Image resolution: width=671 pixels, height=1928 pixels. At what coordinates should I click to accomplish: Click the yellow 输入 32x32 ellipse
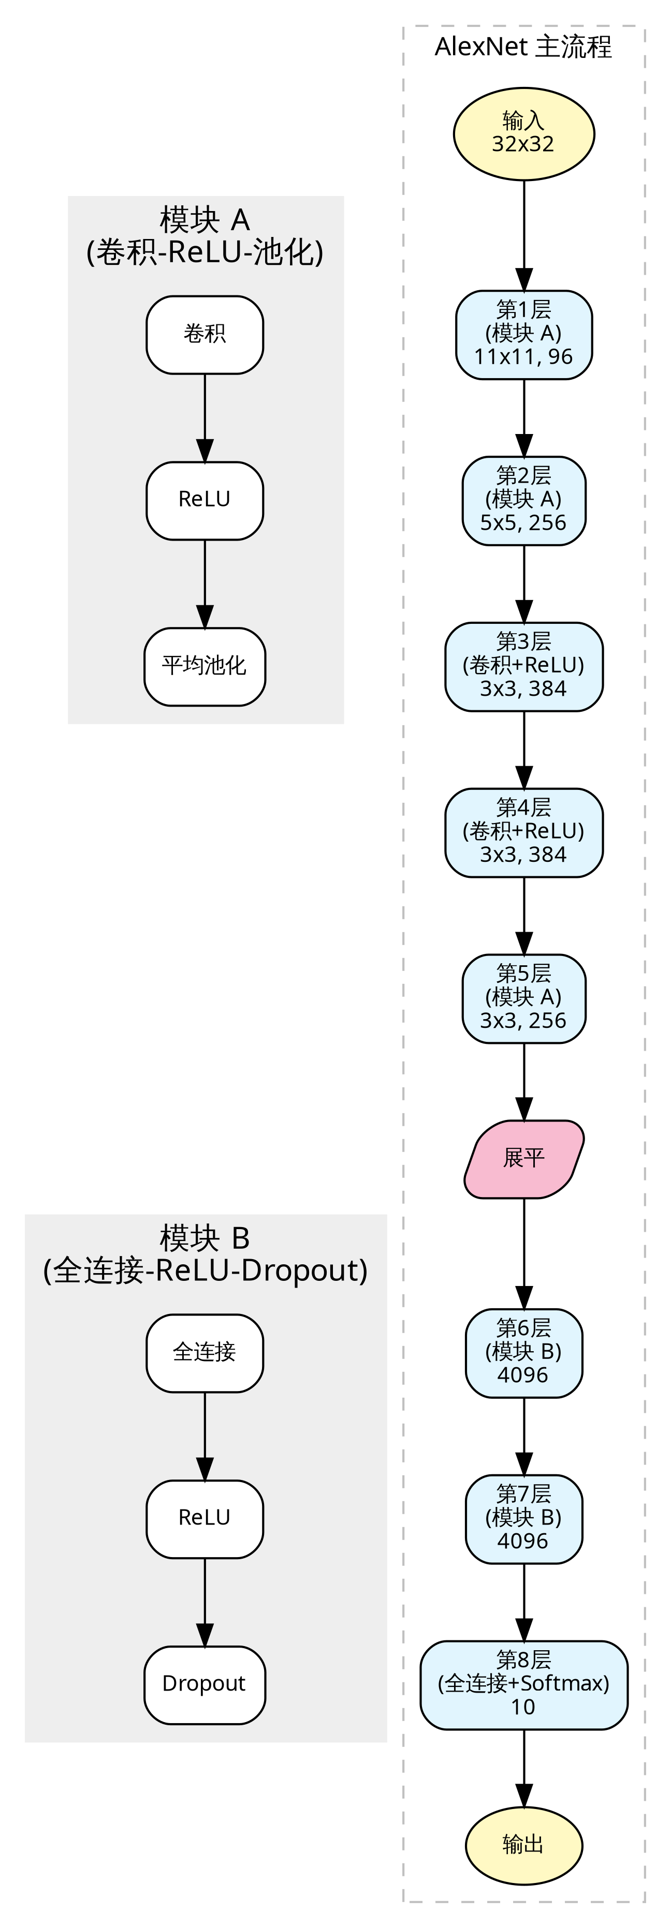pyautogui.click(x=523, y=134)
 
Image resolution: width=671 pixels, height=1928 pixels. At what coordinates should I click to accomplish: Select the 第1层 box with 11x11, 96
pyautogui.click(x=523, y=335)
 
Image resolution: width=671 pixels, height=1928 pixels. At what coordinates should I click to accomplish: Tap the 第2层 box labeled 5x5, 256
pyautogui.click(x=523, y=501)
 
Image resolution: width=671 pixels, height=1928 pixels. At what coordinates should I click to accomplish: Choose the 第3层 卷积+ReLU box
pyautogui.click(x=523, y=667)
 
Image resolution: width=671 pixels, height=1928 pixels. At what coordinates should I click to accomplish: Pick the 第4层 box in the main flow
pyautogui.click(x=523, y=833)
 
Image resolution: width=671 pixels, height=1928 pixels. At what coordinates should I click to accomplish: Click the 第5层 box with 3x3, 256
pyautogui.click(x=523, y=999)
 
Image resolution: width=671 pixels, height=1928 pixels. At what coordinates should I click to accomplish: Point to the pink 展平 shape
pyautogui.click(x=523, y=1159)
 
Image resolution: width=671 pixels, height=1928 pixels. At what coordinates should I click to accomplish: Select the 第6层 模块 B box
pyautogui.click(x=523, y=1353)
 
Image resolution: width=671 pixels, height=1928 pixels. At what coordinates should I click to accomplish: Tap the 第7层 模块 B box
pyautogui.click(x=523, y=1519)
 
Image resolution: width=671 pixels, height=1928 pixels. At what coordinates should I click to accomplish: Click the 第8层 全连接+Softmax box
pyautogui.click(x=523, y=1685)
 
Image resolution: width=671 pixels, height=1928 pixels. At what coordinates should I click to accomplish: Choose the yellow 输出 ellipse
pyautogui.click(x=523, y=1846)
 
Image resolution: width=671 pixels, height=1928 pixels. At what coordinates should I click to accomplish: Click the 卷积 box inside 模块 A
pyautogui.click(x=205, y=335)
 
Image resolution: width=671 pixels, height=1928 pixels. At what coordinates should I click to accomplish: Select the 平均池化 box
pyautogui.click(x=205, y=667)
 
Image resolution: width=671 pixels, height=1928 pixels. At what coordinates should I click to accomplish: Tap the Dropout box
pyautogui.click(x=205, y=1685)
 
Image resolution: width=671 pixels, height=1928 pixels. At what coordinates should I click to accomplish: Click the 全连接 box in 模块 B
pyautogui.click(x=205, y=1353)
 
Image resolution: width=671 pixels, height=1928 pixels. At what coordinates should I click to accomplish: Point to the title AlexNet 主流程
pyautogui.click(x=523, y=47)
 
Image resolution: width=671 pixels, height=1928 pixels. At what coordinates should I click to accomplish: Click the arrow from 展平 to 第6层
pyautogui.click(x=523, y=1253)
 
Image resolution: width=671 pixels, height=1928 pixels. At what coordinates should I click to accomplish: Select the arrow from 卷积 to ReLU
pyautogui.click(x=205, y=417)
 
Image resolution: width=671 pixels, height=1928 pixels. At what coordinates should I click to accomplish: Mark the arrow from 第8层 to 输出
pyautogui.click(x=523, y=1769)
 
